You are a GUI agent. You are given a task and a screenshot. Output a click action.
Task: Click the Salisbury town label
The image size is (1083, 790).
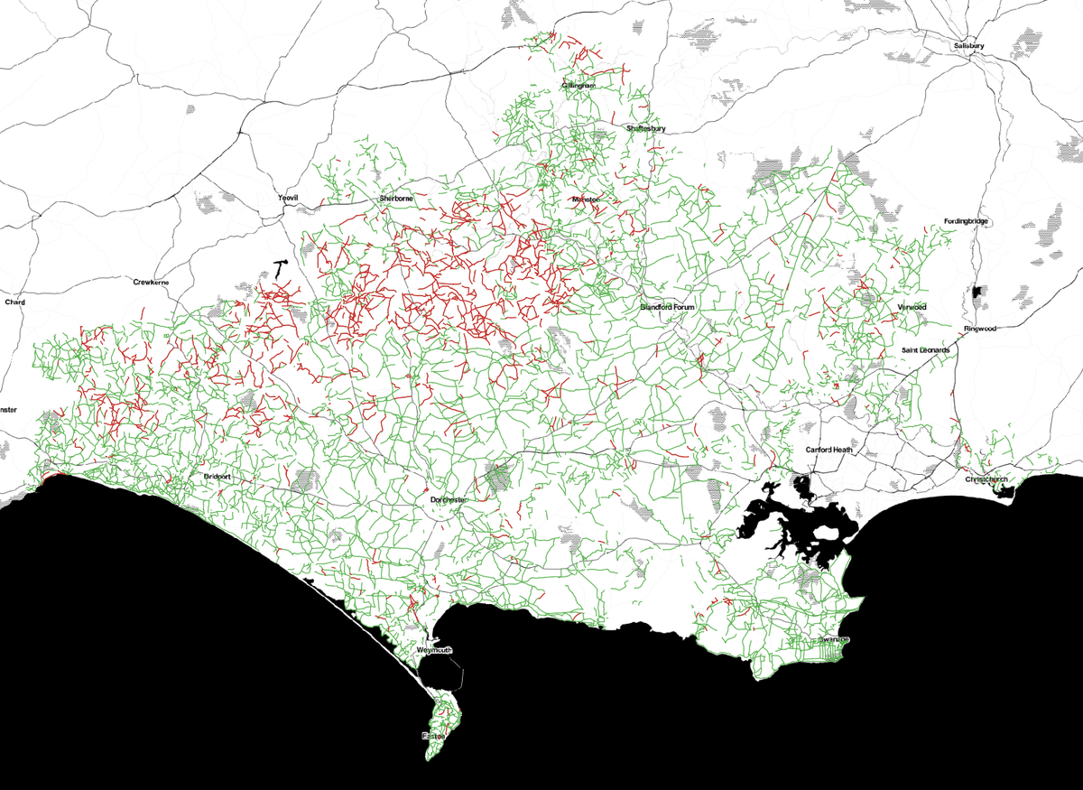click(972, 44)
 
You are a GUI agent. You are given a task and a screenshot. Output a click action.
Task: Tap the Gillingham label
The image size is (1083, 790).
click(579, 85)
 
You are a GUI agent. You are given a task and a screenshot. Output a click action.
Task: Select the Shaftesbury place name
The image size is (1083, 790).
click(646, 129)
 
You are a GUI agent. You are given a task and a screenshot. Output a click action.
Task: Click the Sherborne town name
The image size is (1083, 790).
click(396, 198)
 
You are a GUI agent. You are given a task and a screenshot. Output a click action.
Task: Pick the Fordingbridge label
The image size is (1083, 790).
click(967, 221)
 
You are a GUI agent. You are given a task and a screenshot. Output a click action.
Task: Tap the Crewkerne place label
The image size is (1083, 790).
click(152, 283)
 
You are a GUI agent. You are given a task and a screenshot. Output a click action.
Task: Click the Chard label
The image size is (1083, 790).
click(15, 302)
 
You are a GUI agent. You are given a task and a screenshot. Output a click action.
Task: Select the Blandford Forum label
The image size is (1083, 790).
click(670, 307)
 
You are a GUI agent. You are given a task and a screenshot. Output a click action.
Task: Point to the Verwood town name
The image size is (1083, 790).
click(912, 307)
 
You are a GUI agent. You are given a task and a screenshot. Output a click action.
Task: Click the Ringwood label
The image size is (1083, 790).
click(979, 329)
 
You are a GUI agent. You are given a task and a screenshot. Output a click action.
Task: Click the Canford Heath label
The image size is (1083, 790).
click(829, 450)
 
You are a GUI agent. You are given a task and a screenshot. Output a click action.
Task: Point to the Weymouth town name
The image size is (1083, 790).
click(434, 650)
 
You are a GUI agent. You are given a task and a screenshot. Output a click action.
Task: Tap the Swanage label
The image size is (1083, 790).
click(835, 639)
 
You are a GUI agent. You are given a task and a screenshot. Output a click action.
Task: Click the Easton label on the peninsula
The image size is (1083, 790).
click(434, 737)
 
